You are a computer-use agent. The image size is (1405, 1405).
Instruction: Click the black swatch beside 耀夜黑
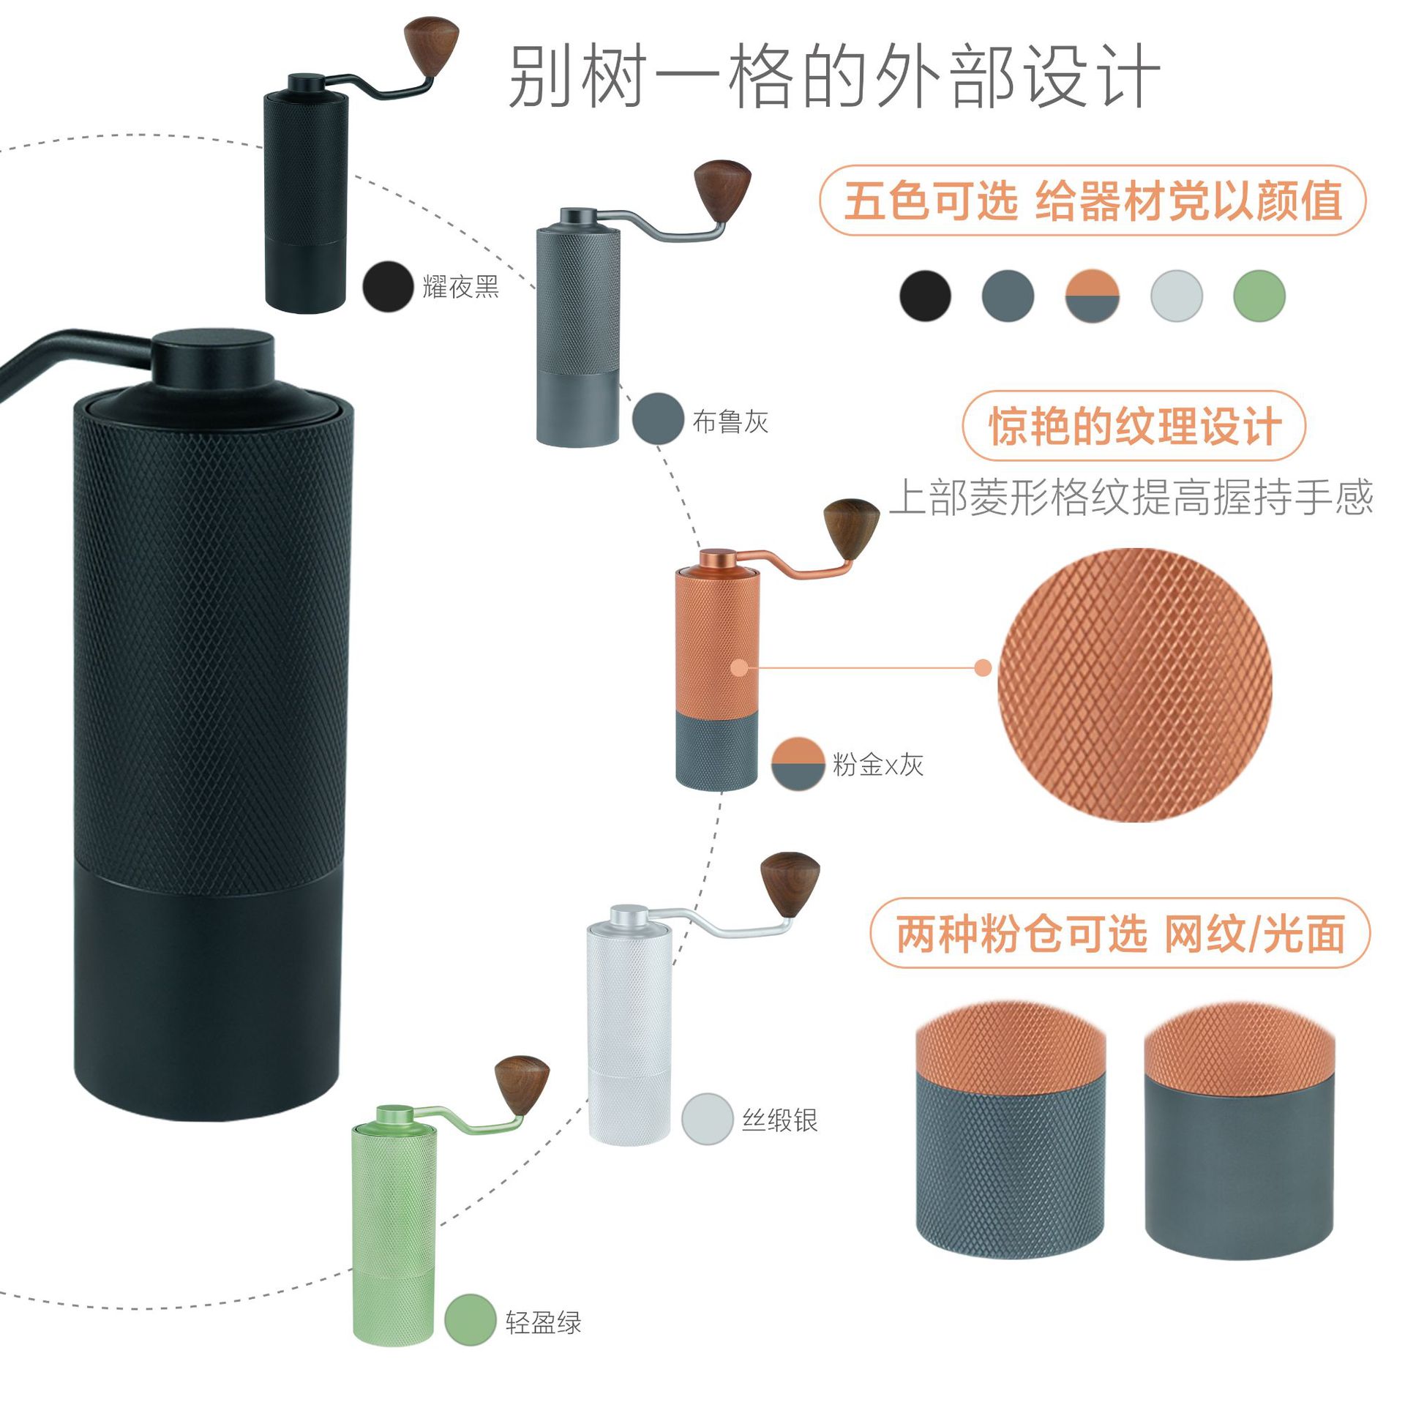coord(388,287)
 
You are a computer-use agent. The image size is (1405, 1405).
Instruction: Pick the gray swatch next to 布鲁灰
coord(658,419)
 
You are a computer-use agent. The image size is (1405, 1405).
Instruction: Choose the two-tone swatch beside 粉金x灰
coord(798,764)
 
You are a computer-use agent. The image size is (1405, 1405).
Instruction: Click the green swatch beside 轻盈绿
coord(470,1319)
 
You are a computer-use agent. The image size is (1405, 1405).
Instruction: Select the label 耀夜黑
coord(461,287)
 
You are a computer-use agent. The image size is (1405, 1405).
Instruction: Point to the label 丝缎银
coord(780,1120)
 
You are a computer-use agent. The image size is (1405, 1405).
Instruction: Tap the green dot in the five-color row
coord(1259,296)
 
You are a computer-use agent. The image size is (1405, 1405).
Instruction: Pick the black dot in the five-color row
coord(925,296)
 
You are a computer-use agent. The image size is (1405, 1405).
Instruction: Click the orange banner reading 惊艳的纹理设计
coord(1134,426)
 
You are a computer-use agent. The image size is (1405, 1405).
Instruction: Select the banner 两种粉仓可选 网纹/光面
coord(1120,934)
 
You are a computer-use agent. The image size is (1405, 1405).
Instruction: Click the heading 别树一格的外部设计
coord(834,76)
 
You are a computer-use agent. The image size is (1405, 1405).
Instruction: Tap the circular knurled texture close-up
coord(1134,685)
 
